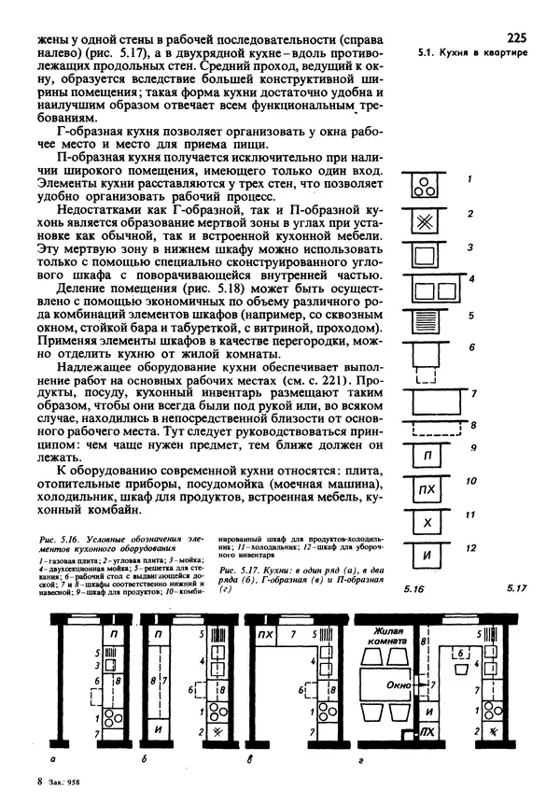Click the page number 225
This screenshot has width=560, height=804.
tap(517, 38)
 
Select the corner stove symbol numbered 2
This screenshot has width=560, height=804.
tap(426, 220)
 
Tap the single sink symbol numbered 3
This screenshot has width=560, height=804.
tap(426, 255)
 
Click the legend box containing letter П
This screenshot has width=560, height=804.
tap(427, 457)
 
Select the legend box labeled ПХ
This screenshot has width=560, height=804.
tap(427, 490)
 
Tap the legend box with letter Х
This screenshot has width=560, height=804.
tap(427, 523)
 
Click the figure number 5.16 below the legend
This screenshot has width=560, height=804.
tap(414, 591)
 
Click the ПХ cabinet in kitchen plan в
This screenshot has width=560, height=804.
tap(265, 636)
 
